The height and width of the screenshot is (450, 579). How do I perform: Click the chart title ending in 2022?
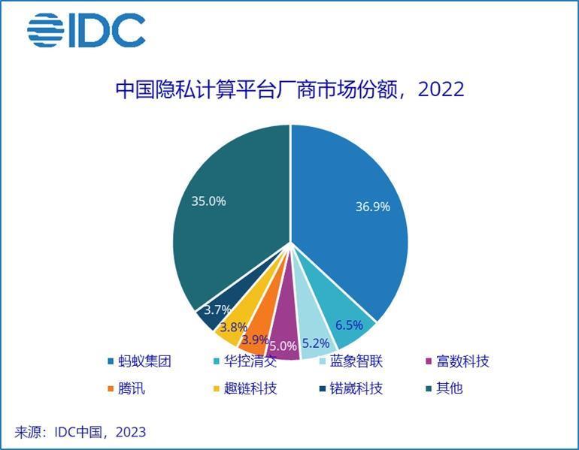click(x=289, y=90)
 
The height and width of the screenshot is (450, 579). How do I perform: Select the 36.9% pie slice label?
click(x=373, y=207)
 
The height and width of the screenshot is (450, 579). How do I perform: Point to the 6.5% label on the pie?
click(x=349, y=325)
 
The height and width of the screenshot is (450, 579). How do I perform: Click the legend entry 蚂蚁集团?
click(x=139, y=361)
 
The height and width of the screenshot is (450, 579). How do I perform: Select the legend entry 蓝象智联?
click(x=350, y=361)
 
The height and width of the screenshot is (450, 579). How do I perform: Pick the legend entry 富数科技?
click(x=456, y=361)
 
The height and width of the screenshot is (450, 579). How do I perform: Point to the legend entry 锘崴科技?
click(x=350, y=388)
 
